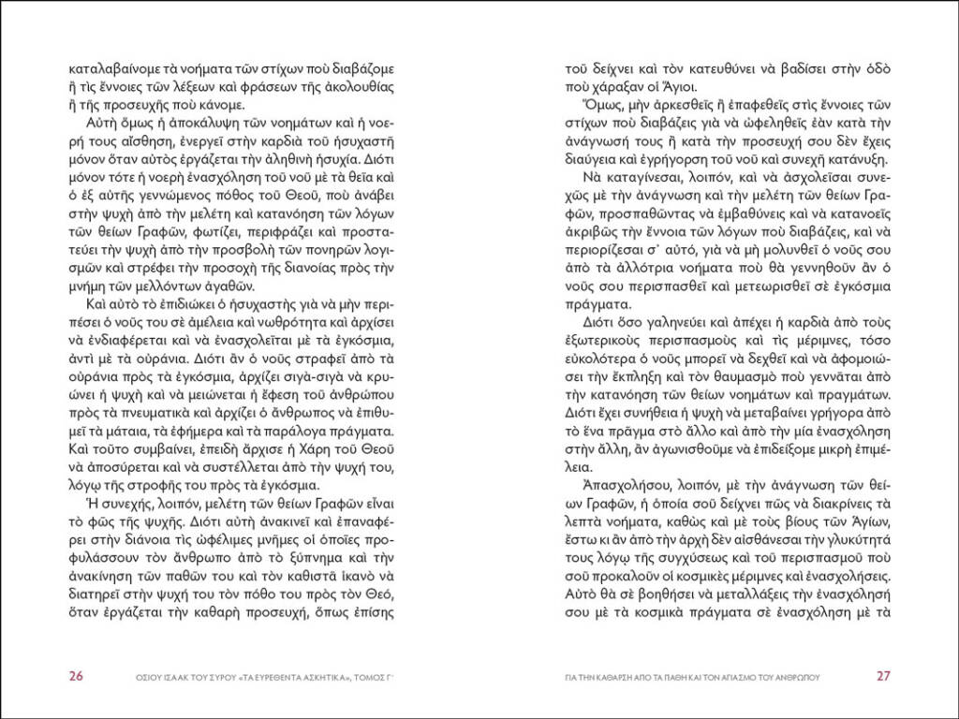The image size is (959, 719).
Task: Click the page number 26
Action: pos(77,676)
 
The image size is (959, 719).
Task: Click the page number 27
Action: pos(884,676)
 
